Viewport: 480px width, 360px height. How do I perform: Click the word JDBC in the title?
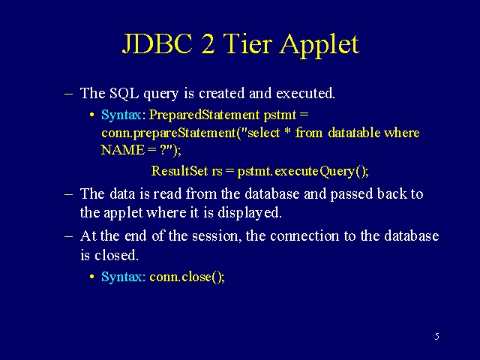pos(157,43)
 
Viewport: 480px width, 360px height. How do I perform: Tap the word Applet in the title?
pos(319,46)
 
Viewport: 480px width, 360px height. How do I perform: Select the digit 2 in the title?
pos(208,43)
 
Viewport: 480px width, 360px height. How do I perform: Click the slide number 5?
pos(436,337)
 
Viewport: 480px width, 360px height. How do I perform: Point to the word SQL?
pos(124,93)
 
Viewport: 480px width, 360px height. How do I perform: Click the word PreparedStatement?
pos(204,115)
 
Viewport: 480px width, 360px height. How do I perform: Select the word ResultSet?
pos(179,170)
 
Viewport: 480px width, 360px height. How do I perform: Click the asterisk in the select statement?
pos(287,131)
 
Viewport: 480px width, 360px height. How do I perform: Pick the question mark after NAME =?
pos(163,150)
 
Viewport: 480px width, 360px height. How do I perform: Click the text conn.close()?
pos(187,277)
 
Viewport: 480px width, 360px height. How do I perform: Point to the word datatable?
pos(354,133)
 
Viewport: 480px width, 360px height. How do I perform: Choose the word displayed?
pos(250,212)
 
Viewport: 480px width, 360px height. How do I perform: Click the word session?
pos(215,236)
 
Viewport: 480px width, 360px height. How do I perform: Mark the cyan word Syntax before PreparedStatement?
pos(121,115)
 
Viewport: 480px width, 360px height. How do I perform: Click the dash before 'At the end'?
pos(69,236)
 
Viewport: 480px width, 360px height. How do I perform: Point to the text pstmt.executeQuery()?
pos(303,171)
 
